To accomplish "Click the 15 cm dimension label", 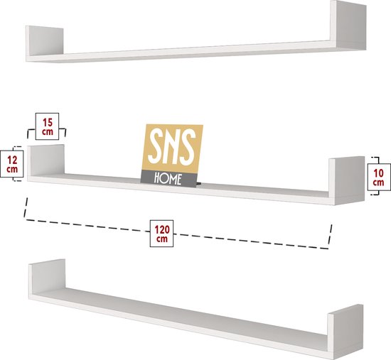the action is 47,126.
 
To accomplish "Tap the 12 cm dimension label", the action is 12,164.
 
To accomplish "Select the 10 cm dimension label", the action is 379,177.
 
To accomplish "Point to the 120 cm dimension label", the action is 161,234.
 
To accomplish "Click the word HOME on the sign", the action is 168,179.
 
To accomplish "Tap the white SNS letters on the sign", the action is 172,147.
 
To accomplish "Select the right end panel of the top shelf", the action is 348,25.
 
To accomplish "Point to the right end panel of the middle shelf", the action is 347,180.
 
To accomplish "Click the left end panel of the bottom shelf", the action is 47,277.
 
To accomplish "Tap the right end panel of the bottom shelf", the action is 346,332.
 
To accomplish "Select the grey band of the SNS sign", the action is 169,178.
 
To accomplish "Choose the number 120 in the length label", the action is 162,229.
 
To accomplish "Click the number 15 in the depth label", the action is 48,122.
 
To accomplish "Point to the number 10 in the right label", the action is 379,173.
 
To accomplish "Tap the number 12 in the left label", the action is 12,160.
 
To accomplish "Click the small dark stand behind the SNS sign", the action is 198,184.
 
